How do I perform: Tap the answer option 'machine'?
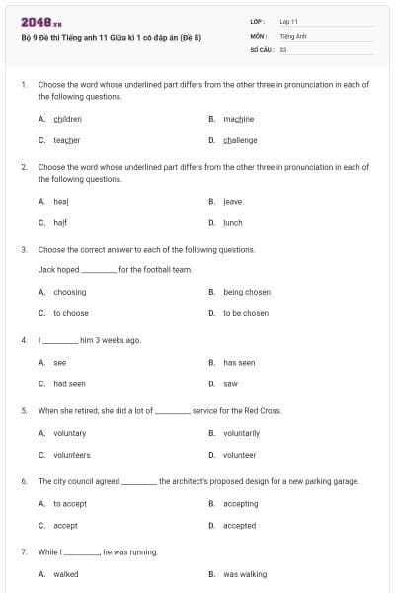pos(238,119)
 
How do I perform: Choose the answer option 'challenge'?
pos(240,140)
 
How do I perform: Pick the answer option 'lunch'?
pos(232,222)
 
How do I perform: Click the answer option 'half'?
pos(60,222)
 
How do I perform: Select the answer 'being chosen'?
pos(246,292)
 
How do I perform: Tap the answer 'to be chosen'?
pos(245,313)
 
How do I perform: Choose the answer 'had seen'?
pos(69,383)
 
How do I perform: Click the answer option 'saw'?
pos(230,383)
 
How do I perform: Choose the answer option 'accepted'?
pos(239,526)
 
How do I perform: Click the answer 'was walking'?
pos(245,574)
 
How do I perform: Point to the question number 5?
pos(24,410)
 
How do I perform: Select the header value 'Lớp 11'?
pos(288,21)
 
